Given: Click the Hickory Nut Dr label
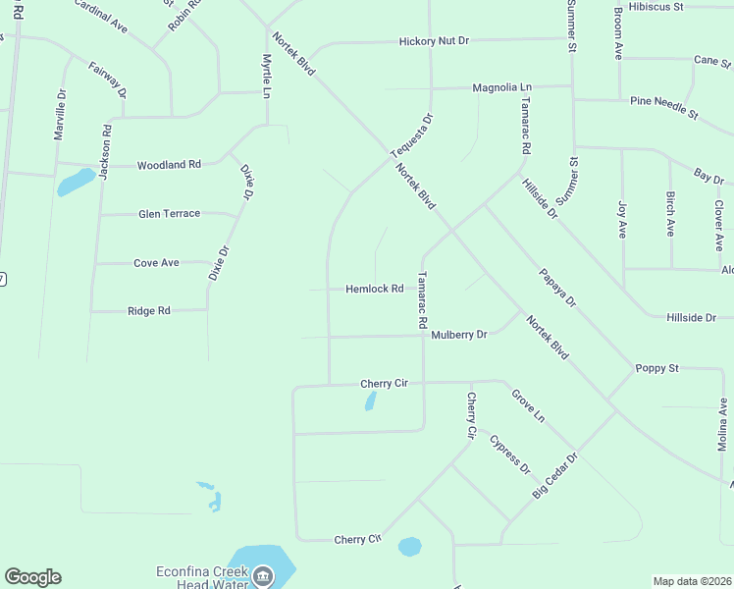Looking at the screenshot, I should click(435, 41).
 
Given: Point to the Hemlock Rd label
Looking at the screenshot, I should click(374, 289).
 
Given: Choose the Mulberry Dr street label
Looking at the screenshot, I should click(459, 335).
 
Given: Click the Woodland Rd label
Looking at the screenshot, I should click(169, 165).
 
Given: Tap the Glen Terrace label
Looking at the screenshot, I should click(169, 213).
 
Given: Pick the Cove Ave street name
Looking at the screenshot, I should click(156, 262).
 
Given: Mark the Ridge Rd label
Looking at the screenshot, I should click(149, 310).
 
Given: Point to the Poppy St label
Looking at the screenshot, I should click(657, 368).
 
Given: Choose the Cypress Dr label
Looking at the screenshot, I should click(510, 455).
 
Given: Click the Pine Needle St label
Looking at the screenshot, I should click(663, 108).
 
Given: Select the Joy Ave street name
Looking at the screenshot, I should click(622, 220).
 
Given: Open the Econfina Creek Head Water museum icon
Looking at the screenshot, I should click(261, 578).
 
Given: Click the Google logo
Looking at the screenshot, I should click(33, 577).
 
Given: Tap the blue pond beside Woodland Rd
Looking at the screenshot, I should click(76, 182).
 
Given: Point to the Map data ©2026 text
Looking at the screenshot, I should click(692, 581).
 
